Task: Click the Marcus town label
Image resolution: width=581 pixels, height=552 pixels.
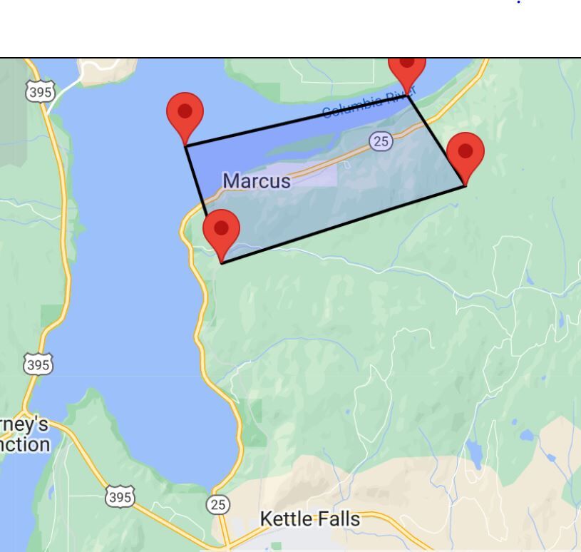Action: [257, 181]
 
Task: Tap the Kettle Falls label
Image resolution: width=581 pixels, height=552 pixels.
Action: [310, 519]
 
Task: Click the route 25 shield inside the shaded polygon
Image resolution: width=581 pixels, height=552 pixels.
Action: [381, 141]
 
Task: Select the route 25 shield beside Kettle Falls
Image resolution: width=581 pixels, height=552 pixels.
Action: [218, 505]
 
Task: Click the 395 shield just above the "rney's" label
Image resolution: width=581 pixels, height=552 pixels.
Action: [38, 365]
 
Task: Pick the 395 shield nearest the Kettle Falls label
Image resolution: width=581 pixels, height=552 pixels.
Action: [119, 496]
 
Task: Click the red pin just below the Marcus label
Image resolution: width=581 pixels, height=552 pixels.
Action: [221, 232]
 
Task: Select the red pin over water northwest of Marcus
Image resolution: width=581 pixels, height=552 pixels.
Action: [185, 115]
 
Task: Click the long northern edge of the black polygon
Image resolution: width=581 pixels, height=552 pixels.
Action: [296, 121]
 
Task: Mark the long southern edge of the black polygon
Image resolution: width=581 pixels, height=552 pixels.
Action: [342, 225]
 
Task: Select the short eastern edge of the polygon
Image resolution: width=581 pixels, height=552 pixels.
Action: [436, 140]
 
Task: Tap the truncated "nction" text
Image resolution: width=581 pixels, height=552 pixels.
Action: [26, 445]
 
